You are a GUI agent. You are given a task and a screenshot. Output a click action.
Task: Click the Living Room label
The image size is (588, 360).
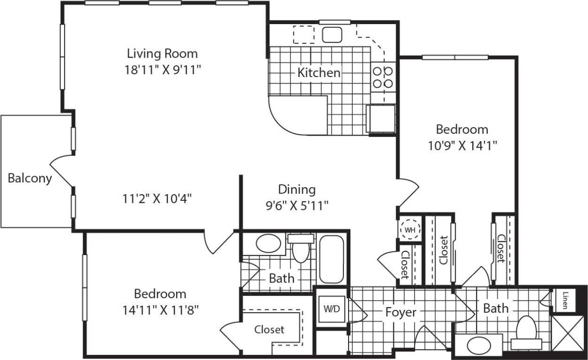162,53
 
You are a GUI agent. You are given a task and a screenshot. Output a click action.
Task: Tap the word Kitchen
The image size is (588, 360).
319,73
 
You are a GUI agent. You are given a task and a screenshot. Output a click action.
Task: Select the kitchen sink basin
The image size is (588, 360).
332,34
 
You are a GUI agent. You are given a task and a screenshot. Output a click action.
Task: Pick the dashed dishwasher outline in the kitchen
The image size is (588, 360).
303,34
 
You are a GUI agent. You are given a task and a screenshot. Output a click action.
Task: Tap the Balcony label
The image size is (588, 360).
30,179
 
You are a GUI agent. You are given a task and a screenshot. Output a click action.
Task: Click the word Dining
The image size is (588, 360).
297,189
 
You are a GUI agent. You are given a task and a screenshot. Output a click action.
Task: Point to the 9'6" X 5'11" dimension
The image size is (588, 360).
297,205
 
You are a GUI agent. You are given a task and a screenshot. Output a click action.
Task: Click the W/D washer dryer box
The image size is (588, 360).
331,309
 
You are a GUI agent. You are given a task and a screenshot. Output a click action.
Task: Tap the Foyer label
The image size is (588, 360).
401,312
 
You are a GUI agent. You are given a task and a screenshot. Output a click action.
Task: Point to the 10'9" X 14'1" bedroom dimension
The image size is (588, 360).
461,145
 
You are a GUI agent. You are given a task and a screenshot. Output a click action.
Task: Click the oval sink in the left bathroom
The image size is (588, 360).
267,243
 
